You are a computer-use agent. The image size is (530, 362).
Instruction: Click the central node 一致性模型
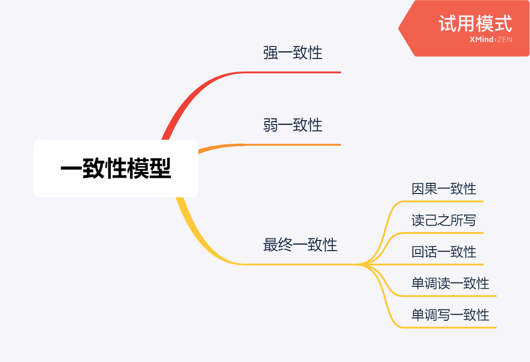pos(116,168)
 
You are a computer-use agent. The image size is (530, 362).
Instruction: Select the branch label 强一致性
pos(293,52)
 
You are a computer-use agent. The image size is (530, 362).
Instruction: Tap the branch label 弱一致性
pos(293,125)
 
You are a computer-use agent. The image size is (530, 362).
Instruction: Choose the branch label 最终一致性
pos(300,245)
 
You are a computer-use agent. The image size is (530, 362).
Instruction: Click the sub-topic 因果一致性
pos(444,188)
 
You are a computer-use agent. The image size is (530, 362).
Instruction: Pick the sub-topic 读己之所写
pos(444,220)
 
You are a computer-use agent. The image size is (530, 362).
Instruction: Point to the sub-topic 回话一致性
pos(444,252)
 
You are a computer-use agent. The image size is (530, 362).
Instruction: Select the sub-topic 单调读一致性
pos(450,283)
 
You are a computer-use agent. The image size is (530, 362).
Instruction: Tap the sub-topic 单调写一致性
pos(450,315)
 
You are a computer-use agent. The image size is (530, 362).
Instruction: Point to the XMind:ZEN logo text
pos(491,40)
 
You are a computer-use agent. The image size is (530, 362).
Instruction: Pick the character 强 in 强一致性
pos(271,52)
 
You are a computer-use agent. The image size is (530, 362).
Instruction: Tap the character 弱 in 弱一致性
pos(271,125)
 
